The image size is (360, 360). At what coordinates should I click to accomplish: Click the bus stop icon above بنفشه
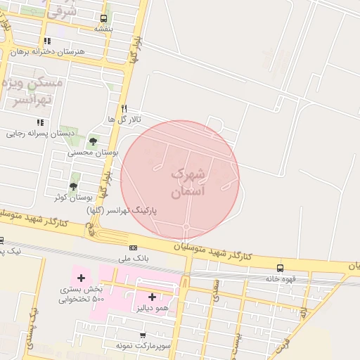coord(104,19)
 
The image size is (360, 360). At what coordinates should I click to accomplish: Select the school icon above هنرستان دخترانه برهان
coord(47,41)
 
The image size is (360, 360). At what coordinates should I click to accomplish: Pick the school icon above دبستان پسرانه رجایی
coord(30,122)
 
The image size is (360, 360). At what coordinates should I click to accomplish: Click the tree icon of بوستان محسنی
coord(94,141)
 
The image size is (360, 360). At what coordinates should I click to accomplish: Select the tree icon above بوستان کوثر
coord(73,186)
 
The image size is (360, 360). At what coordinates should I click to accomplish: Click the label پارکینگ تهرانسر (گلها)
coord(122,210)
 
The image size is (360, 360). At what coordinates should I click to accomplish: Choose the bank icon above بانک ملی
coord(133,247)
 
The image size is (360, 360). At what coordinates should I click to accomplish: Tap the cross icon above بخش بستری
coord(81,278)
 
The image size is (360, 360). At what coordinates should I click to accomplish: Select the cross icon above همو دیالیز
coord(152,297)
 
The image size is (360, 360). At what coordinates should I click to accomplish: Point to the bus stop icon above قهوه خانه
coord(281,268)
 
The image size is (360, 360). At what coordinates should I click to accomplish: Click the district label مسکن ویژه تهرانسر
coord(39,91)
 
